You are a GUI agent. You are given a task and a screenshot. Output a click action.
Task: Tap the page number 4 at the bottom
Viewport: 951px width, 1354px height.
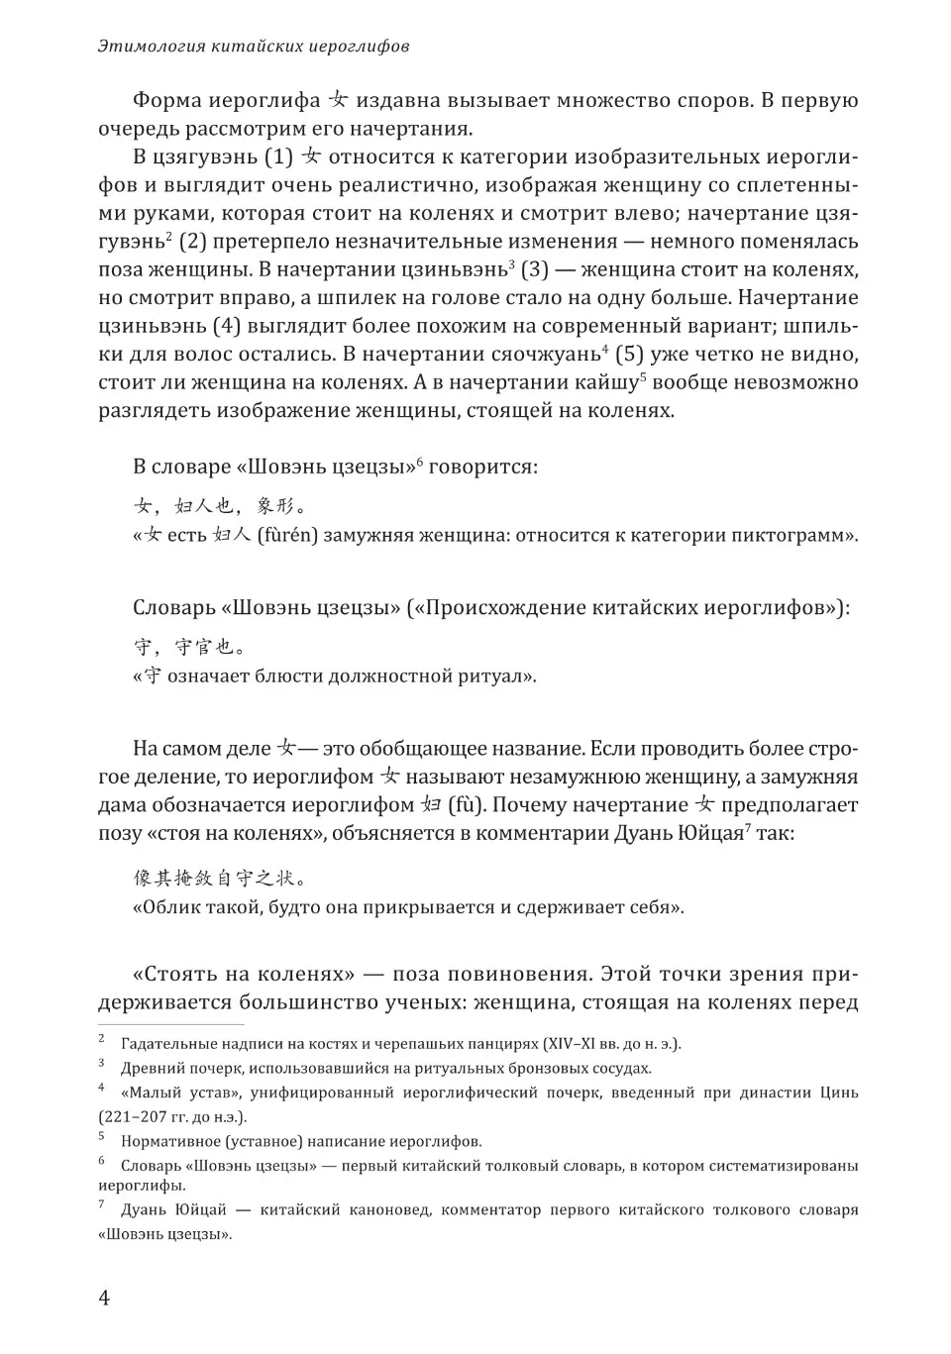[104, 1298]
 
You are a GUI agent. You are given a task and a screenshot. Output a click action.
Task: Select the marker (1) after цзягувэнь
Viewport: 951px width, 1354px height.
[278, 156]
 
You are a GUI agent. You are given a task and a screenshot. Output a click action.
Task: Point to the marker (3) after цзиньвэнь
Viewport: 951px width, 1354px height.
[534, 269]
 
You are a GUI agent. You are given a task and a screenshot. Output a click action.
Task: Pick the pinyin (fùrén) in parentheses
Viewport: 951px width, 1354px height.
[288, 536]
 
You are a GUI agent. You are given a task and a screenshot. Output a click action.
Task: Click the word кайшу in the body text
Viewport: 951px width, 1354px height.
[610, 382]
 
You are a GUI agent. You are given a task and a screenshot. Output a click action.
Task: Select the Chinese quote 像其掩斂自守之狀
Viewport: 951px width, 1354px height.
[219, 878]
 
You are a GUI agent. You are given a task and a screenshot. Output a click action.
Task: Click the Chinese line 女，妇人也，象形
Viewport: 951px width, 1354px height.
[219, 507]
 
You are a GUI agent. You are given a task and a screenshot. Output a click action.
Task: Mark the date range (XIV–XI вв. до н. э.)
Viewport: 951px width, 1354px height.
[611, 1043]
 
